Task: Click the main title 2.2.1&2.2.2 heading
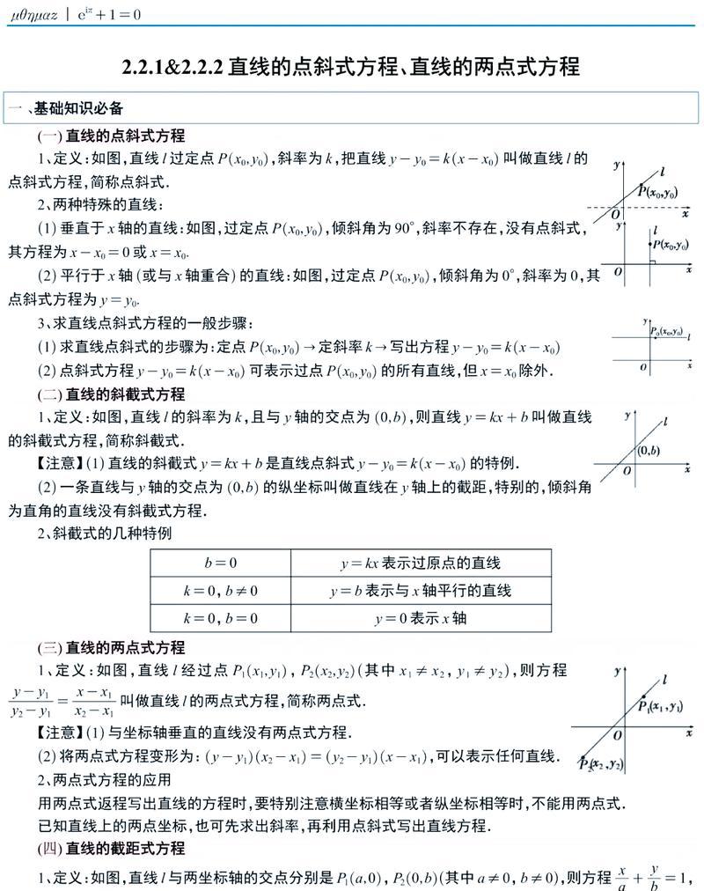(x=351, y=66)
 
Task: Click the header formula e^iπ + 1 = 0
(x=106, y=15)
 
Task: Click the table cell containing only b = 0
(x=220, y=563)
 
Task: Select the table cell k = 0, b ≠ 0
(x=220, y=591)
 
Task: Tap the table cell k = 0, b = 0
(x=220, y=618)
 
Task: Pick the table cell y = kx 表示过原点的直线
(x=421, y=563)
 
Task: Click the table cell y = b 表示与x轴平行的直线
(x=421, y=591)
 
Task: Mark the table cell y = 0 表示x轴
(x=421, y=618)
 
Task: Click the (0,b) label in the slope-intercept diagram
(x=649, y=452)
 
